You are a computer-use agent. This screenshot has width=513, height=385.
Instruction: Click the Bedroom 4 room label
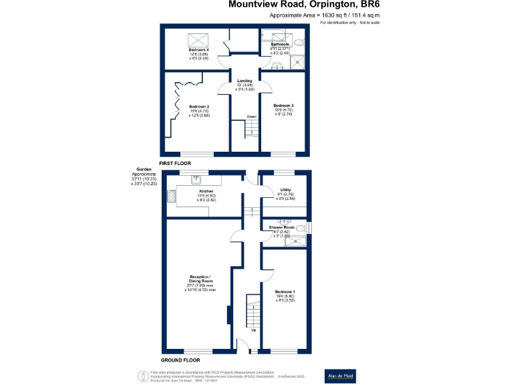[x=199, y=50]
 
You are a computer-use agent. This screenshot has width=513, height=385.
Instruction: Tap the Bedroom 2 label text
[x=199, y=107]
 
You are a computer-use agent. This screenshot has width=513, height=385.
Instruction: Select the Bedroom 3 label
[x=283, y=106]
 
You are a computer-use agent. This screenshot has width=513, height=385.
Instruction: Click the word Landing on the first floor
[x=244, y=81]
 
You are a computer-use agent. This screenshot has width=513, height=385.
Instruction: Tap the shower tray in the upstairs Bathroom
[x=295, y=61]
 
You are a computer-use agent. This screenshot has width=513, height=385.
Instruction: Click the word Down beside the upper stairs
[x=251, y=117]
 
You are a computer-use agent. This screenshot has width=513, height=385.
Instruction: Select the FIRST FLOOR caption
[x=175, y=163]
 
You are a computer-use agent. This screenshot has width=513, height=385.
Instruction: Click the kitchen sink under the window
[x=196, y=178]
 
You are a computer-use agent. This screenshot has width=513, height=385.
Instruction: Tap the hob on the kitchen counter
[x=172, y=196]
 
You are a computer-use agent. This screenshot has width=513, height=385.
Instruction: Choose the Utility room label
[x=285, y=190]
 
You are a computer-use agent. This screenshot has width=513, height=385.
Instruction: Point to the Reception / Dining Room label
[x=200, y=278]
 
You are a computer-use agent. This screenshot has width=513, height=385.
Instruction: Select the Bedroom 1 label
[x=285, y=292]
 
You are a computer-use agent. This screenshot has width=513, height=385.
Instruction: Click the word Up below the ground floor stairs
[x=253, y=330]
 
